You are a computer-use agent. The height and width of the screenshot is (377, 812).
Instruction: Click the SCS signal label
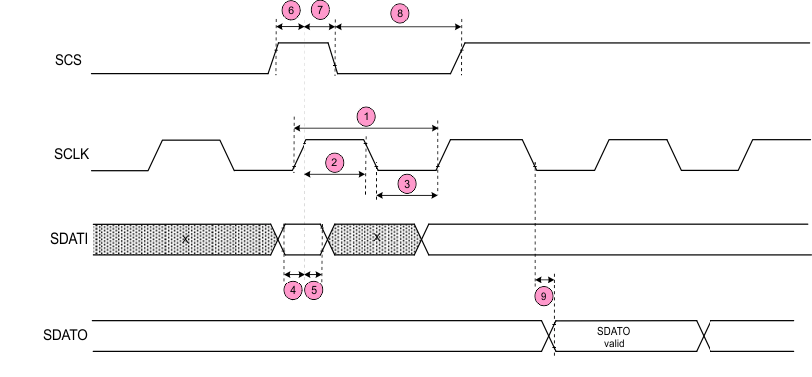tap(67, 60)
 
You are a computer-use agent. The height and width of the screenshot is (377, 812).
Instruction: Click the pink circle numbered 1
tap(366, 116)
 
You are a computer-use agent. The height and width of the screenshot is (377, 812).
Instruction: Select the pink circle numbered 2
tap(336, 160)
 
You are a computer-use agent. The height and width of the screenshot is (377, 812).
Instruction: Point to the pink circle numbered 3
tap(406, 183)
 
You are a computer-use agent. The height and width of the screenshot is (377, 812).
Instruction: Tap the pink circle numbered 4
tap(292, 290)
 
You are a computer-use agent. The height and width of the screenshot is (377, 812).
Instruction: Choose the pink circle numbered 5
tap(314, 290)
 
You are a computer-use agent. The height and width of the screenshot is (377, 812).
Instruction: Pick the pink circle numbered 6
tap(290, 10)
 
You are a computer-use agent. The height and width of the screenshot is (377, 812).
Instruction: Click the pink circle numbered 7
tap(319, 10)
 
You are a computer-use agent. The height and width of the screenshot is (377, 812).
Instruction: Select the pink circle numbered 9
tap(543, 296)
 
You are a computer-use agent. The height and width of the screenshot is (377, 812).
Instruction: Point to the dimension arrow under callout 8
tap(399, 29)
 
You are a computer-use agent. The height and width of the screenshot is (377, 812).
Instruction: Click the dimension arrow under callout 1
tap(366, 127)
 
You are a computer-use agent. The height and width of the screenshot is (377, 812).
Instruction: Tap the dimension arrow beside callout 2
tap(333, 174)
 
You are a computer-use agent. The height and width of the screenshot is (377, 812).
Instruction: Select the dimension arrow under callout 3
tap(406, 196)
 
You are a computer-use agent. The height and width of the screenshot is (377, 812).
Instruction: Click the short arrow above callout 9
tap(544, 280)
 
